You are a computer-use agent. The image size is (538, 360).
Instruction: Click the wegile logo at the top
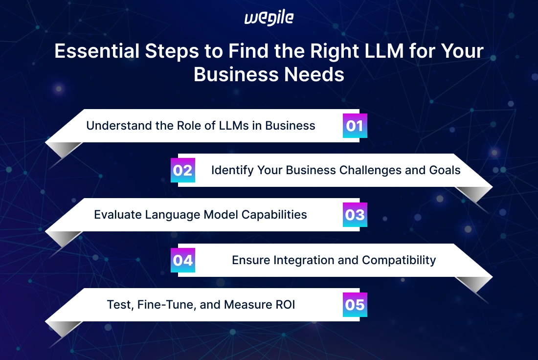(x=269, y=18)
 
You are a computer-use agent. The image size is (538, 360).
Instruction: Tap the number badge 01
(x=355, y=126)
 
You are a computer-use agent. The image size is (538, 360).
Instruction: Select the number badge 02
(x=183, y=170)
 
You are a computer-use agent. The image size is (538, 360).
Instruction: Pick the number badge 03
(x=355, y=215)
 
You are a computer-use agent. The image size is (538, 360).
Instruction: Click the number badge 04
(x=183, y=260)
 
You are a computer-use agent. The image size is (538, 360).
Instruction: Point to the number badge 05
(x=355, y=305)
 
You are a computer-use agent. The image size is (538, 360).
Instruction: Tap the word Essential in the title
(x=97, y=51)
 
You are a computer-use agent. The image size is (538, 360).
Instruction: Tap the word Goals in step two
(x=445, y=170)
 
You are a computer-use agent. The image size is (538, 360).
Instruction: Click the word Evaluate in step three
(x=118, y=215)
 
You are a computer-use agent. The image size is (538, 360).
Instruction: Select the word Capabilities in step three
(x=274, y=215)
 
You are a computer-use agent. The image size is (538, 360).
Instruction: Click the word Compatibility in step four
(x=399, y=260)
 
